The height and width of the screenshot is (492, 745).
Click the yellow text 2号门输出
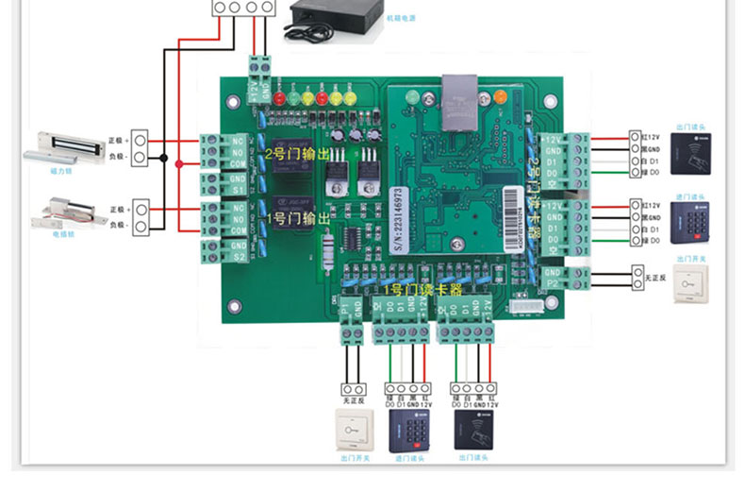pos(296,153)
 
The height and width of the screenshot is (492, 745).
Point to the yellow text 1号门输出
pos(298,219)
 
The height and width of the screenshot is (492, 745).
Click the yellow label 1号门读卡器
pos(422,290)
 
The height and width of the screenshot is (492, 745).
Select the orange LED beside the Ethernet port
pos(500,95)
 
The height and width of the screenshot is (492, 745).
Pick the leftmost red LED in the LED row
pos(278,97)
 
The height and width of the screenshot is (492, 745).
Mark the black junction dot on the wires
pos(164,158)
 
